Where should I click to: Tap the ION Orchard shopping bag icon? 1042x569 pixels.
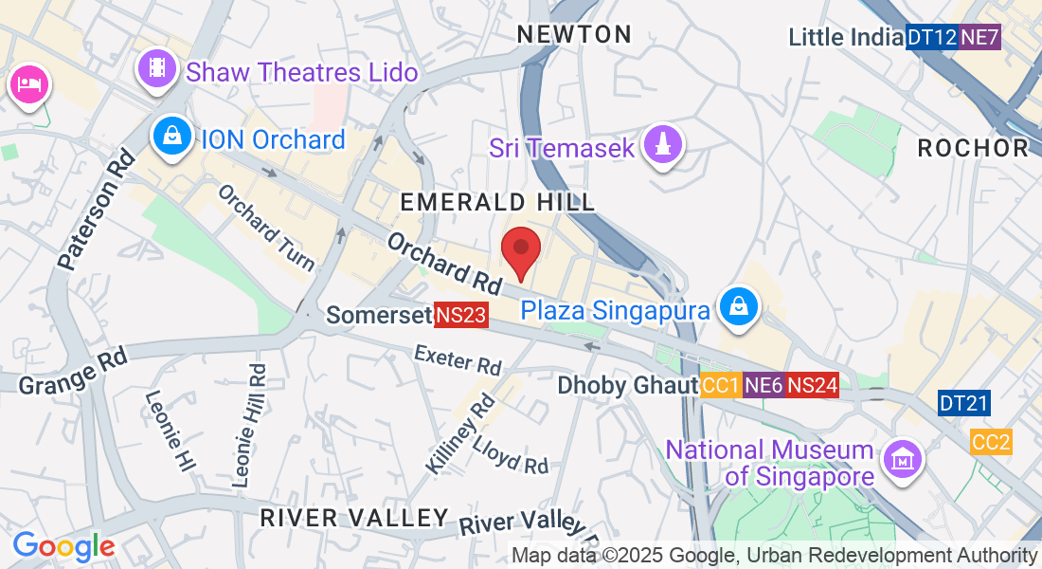[172, 137]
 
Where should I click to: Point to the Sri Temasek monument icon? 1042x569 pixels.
[664, 145]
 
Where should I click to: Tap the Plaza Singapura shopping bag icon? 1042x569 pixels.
[737, 305]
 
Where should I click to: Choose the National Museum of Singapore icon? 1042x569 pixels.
[902, 460]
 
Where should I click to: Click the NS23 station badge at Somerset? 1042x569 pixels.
[460, 316]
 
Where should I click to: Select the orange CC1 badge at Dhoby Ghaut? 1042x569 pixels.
[721, 385]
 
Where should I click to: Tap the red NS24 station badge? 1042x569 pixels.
[812, 385]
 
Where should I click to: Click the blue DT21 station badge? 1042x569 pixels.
[964, 403]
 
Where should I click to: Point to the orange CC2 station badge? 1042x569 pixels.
[991, 441]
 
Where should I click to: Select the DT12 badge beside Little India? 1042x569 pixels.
[931, 38]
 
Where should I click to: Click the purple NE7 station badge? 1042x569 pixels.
[979, 38]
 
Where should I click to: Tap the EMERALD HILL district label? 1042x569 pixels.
[497, 202]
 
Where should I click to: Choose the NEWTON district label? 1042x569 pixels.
[574, 35]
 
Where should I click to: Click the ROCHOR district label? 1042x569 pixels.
[973, 148]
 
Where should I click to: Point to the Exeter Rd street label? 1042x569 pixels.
[458, 359]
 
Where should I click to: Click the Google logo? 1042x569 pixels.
[63, 546]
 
